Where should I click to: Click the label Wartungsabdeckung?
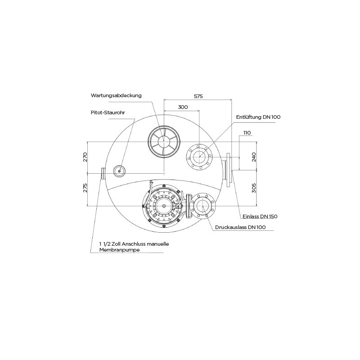(116, 95)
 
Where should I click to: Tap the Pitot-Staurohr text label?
(108, 112)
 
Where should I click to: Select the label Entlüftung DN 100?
(258, 117)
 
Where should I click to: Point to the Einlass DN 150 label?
(260, 216)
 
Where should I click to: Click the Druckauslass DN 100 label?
(240, 227)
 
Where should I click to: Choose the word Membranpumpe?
(119, 250)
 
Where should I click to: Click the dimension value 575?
(198, 96)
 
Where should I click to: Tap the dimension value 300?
(183, 107)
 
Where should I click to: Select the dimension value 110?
(247, 133)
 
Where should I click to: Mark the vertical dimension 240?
(254, 157)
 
